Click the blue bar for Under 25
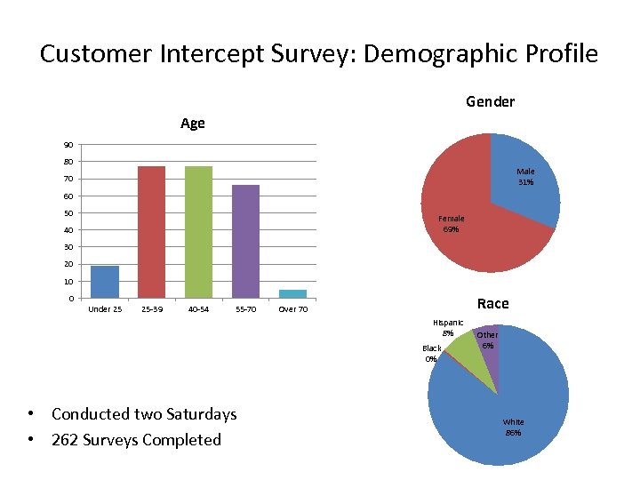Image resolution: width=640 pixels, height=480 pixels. point(104,282)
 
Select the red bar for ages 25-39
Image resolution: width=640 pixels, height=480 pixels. point(151,232)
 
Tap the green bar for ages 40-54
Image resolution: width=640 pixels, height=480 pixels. point(198,232)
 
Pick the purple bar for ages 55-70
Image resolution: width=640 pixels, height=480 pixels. point(245,241)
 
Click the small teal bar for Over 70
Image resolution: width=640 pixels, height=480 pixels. point(292,293)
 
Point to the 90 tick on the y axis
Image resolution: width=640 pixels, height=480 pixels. point(68,145)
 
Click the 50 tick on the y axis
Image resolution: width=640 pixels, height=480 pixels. point(68,213)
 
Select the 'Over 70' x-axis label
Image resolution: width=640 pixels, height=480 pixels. point(292,309)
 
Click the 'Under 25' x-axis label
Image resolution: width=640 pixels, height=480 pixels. point(105,309)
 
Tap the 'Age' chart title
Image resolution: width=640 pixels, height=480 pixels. point(192,124)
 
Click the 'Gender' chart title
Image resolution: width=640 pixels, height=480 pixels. point(490,101)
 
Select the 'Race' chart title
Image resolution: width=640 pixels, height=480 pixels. point(492,303)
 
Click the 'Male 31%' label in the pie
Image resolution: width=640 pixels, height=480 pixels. point(525,177)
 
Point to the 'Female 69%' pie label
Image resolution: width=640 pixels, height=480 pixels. point(451,224)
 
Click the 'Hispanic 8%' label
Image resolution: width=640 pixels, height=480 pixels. point(447,328)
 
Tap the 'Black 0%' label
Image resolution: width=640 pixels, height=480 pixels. point(431,354)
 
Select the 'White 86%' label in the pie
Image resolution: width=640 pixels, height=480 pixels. point(513,427)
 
